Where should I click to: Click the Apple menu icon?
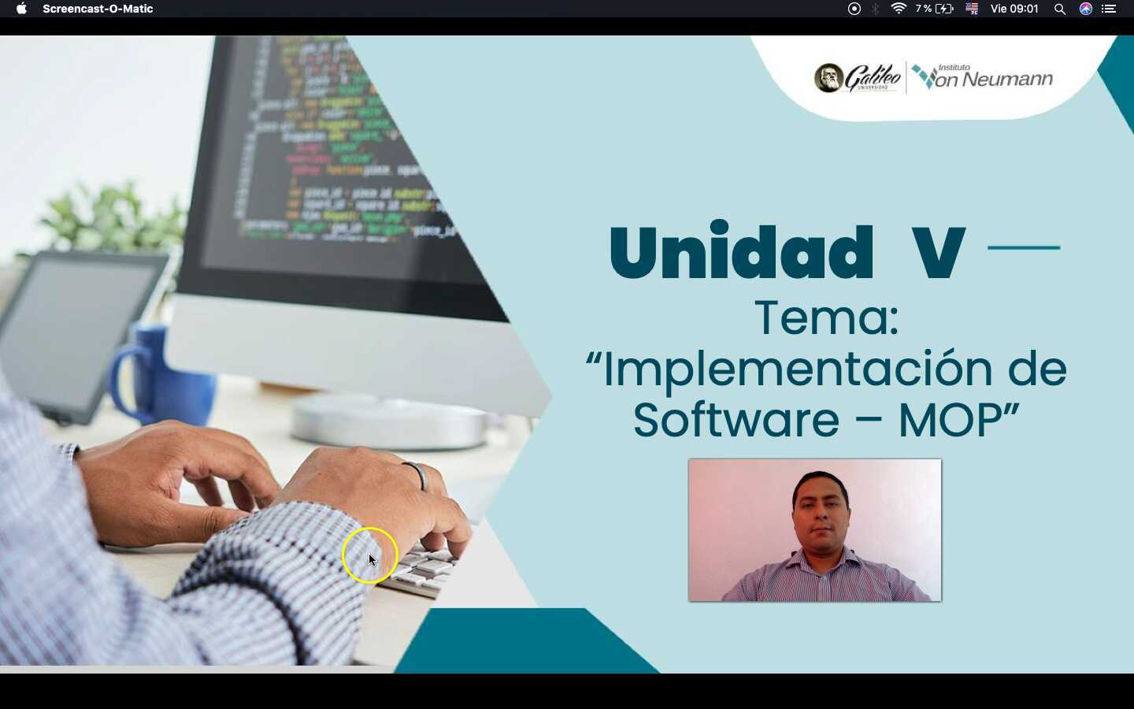(x=21, y=9)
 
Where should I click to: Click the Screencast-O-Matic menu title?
(x=98, y=9)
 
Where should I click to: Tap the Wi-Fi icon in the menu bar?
(x=898, y=9)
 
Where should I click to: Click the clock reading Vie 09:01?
(x=1014, y=9)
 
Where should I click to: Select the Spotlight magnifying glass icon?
(x=1060, y=9)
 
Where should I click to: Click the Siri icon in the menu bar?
(x=1086, y=9)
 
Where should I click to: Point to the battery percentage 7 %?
(x=924, y=9)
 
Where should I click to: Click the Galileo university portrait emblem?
(x=828, y=78)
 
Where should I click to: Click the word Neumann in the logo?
(x=1007, y=80)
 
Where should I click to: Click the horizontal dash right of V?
(x=1024, y=247)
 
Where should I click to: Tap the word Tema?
(x=826, y=317)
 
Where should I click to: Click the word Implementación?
(x=795, y=369)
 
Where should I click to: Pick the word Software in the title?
(x=736, y=420)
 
